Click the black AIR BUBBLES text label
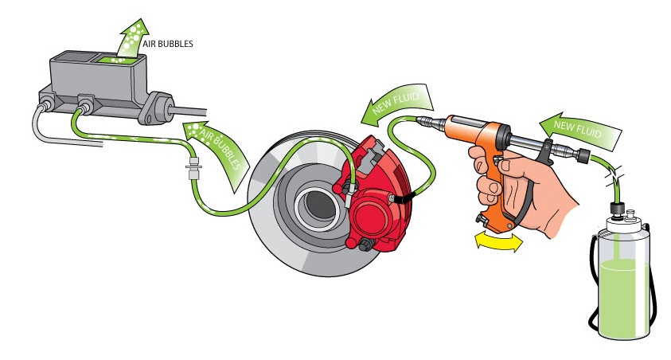pos(168,44)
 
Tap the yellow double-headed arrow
pos(499,242)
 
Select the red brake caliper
pos(376,195)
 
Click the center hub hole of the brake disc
pos(318,205)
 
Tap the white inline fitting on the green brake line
pos(193,169)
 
